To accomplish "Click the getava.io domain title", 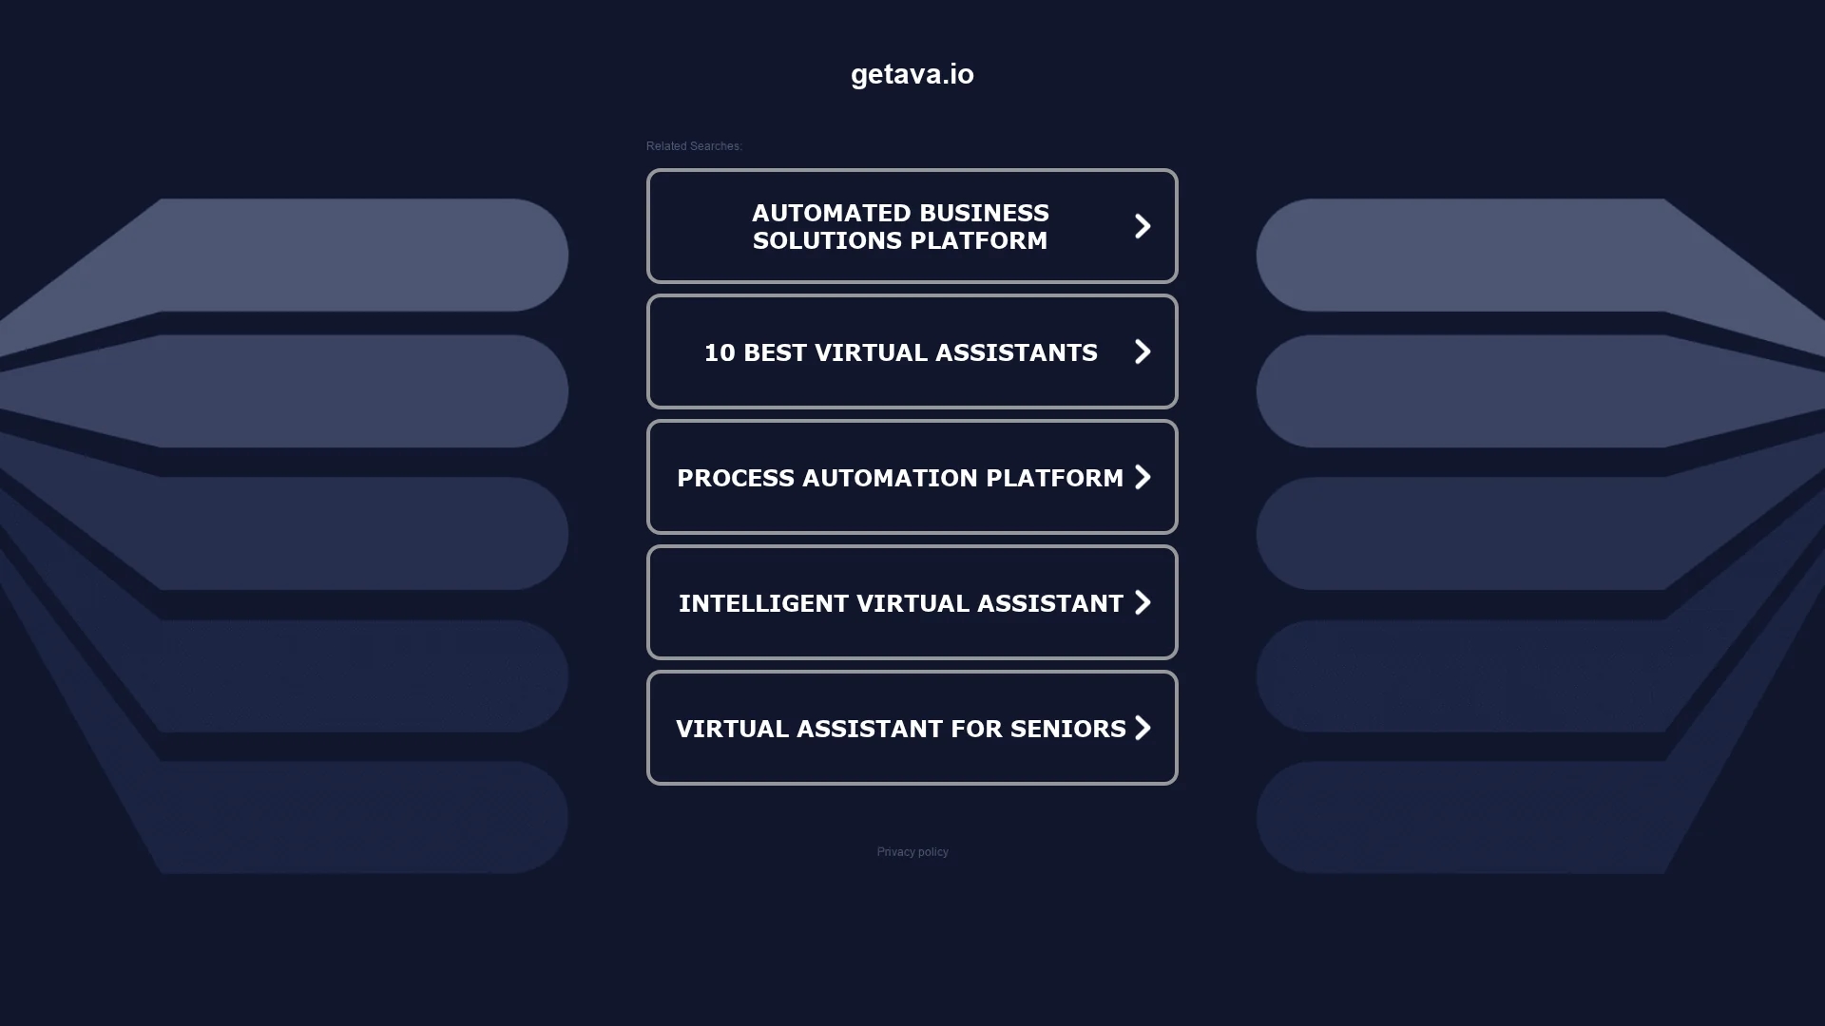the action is [912, 74].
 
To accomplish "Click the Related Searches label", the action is [694, 146].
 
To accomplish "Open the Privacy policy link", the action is [912, 852].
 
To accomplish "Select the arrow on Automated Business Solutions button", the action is [1143, 226].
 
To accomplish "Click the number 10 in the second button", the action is [720, 352].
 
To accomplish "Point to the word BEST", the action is [775, 352].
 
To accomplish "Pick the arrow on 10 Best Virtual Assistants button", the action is [1143, 351].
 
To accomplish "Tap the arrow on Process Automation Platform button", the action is [1143, 477].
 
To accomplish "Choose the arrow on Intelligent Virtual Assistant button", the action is [1143, 602].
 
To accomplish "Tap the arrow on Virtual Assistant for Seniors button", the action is [1143, 728].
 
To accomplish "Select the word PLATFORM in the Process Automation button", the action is [1055, 478].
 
